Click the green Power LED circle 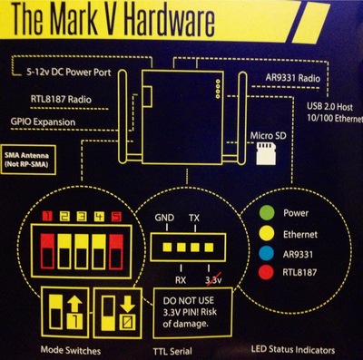pos(267,212)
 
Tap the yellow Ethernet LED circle pos(267,234)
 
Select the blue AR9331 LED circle pos(267,254)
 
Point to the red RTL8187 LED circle pos(267,272)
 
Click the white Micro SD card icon pos(266,154)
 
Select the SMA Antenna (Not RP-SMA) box pos(28,160)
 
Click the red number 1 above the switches pos(47,217)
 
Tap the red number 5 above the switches pos(116,217)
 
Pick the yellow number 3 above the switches pos(82,217)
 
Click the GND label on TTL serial pos(164,218)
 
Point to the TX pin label pos(194,218)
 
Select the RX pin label pos(181,280)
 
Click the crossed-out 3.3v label pos(213,280)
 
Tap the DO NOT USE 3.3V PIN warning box pos(193,313)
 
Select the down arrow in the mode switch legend pos(127,305)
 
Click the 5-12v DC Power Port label pos(69,73)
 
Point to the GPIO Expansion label pos(43,122)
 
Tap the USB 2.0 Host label pos(329,106)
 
